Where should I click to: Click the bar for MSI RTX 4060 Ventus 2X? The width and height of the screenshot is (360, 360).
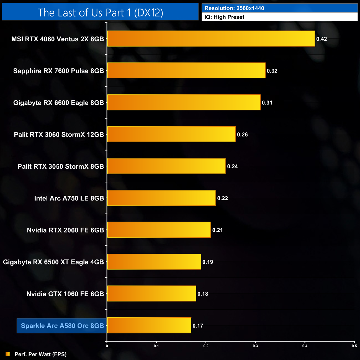[x=211, y=39]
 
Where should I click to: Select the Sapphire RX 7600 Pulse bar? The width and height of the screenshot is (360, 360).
[x=186, y=71]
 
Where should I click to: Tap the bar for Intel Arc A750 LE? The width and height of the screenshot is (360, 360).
[x=161, y=198]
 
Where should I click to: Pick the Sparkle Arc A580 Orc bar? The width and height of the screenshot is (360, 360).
[x=149, y=325]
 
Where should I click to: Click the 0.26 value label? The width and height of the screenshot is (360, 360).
[x=242, y=135]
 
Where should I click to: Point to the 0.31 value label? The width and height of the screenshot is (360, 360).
[x=267, y=103]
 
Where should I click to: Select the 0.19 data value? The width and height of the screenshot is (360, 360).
[x=208, y=262]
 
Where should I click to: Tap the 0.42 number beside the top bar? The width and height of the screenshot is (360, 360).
[x=322, y=39]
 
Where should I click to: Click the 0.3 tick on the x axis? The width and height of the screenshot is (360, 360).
[x=255, y=346]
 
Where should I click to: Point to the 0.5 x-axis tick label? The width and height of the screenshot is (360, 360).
[x=354, y=346]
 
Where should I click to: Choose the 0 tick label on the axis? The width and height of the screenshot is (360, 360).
[x=107, y=346]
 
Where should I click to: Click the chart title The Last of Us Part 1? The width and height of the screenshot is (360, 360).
[x=100, y=12]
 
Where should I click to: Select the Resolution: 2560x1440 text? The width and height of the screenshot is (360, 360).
[x=234, y=8]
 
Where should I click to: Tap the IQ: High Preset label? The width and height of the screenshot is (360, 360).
[x=224, y=17]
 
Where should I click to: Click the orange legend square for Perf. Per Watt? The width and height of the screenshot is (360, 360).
[x=8, y=354]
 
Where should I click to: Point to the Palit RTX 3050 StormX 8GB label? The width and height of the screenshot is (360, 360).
[x=61, y=166]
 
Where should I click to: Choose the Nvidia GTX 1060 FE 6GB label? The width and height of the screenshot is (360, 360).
[x=65, y=294]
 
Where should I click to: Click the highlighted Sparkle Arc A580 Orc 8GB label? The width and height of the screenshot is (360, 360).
[x=62, y=326]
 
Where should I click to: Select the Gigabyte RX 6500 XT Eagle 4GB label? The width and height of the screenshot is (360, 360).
[x=53, y=262]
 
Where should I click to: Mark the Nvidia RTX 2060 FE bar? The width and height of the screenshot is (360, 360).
[x=159, y=230]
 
